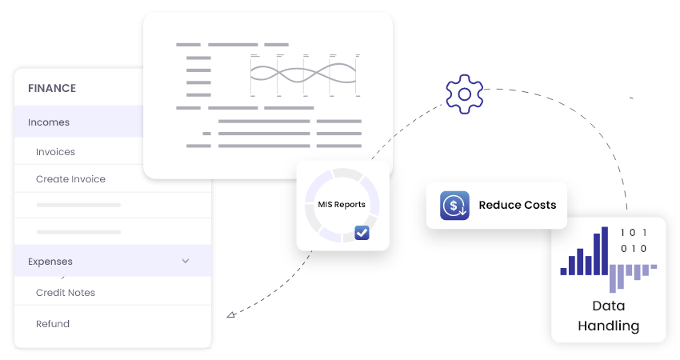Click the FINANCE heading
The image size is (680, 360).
52,88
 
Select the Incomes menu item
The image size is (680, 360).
49,122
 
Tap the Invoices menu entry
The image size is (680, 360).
55,152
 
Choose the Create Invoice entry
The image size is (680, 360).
70,179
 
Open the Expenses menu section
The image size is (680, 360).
50,262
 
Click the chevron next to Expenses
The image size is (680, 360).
186,261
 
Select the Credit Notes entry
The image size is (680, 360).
66,293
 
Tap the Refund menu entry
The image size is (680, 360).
53,324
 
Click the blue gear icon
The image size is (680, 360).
464,94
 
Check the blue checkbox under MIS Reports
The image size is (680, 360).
362,233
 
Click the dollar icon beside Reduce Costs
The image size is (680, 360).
454,205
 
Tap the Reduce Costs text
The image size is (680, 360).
517,205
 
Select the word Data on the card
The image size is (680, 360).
608,306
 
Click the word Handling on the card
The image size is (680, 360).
608,326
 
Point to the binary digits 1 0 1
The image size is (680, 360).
634,233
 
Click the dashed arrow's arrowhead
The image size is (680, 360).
230,315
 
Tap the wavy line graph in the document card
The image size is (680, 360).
302,74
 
